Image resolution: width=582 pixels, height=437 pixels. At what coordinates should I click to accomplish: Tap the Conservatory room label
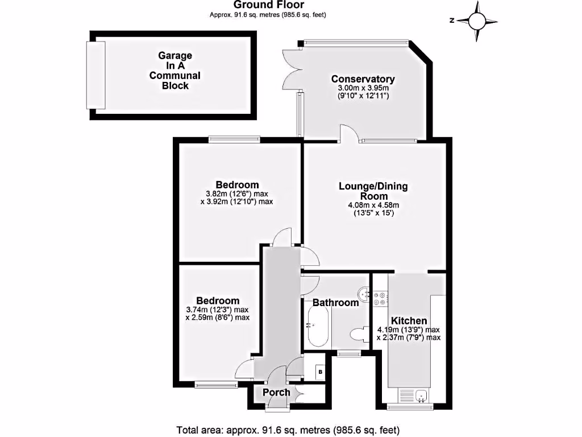(363, 79)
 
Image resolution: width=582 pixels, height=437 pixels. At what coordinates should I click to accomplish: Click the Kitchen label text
(409, 321)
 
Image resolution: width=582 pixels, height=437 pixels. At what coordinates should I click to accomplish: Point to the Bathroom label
(335, 303)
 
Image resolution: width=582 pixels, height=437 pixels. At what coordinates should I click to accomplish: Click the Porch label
(276, 392)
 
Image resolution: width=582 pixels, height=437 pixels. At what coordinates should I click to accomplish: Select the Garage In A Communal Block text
(175, 71)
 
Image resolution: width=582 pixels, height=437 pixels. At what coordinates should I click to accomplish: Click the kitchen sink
(422, 395)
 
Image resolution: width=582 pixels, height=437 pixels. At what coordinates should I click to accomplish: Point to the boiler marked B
(320, 372)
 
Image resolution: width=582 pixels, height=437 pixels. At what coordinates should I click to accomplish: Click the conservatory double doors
(290, 70)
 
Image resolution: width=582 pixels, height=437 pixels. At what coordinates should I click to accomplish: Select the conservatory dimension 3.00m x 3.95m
(363, 89)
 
